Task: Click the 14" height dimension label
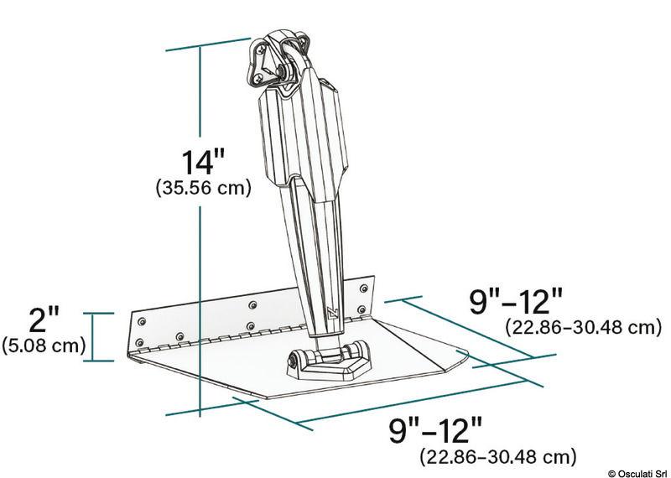point(204,162)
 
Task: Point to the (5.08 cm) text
point(43,344)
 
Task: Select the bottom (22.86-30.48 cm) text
point(497,457)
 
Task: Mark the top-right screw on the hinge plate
point(362,288)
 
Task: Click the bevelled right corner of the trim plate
point(457,361)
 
